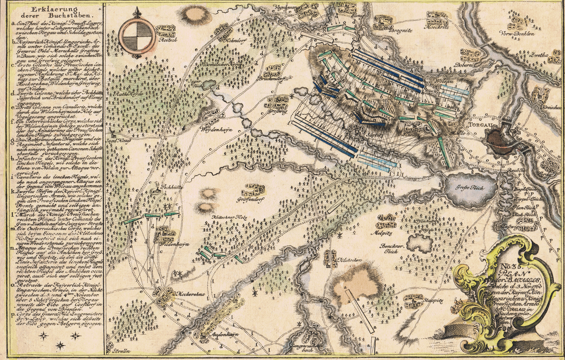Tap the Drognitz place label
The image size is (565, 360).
[401, 30]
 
